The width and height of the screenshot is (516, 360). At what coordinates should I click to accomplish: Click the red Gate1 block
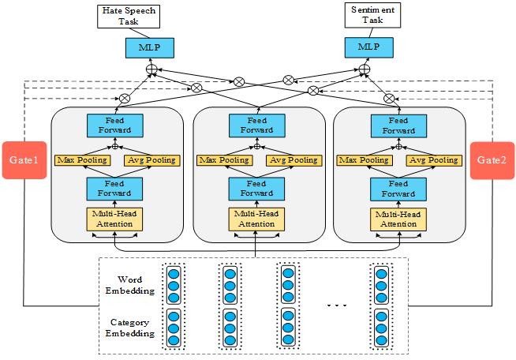tap(24, 160)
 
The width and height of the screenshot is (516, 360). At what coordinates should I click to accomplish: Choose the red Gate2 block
tap(492, 160)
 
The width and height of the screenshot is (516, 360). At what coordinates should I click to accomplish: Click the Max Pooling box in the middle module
tap(219, 160)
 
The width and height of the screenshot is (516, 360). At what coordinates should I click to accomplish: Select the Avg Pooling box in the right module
tap(433, 160)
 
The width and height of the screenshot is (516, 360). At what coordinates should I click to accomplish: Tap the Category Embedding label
tap(129, 328)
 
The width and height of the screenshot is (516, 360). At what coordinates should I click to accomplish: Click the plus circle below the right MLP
tap(364, 70)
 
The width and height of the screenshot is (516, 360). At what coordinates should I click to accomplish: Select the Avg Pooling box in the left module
tap(151, 160)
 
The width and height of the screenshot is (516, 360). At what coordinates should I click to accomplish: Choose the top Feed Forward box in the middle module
tap(256, 125)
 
